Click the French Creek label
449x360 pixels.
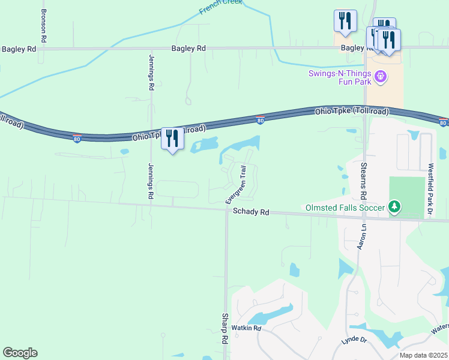[221, 6]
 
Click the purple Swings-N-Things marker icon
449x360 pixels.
[380, 77]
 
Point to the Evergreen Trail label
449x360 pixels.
[236, 185]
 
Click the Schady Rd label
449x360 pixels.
[251, 211]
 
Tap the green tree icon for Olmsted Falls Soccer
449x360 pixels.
[394, 208]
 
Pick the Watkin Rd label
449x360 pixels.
[247, 328]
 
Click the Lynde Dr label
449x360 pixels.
[354, 340]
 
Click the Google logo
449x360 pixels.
[20, 353]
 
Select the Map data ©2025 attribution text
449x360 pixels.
[423, 355]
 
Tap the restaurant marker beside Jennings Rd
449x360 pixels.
[172, 139]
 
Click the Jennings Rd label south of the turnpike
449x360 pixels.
[150, 180]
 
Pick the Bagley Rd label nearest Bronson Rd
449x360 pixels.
[19, 49]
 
